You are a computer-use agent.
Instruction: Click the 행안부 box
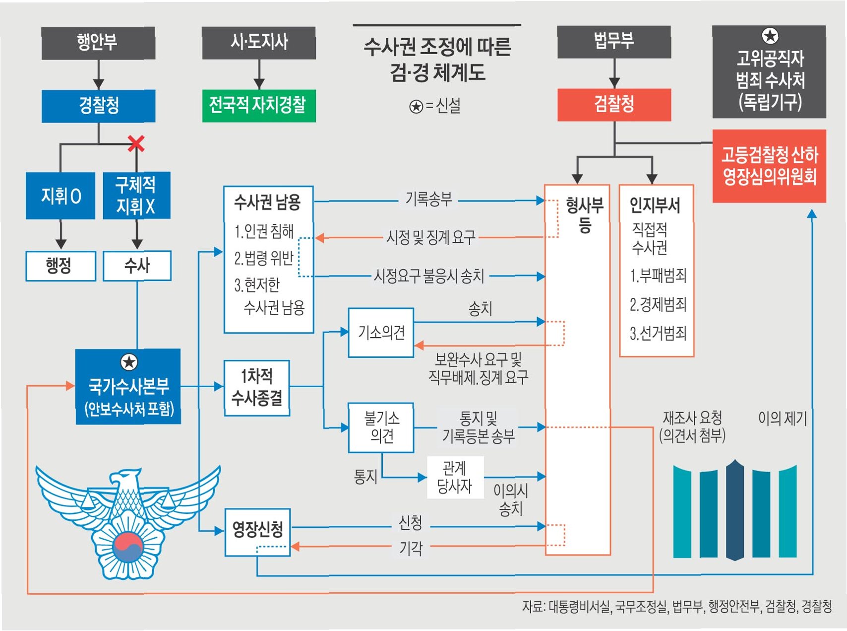click(x=98, y=43)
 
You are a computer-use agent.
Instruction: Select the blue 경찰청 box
click(x=98, y=105)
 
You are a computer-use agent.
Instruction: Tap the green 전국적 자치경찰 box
click(x=258, y=105)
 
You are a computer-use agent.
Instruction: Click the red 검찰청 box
click(x=614, y=104)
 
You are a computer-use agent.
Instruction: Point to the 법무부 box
click(x=614, y=42)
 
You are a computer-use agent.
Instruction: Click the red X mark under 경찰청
click(x=136, y=143)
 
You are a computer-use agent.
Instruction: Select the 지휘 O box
click(x=60, y=196)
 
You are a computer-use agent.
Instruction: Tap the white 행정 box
click(x=60, y=266)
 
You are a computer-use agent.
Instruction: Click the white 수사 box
click(x=137, y=266)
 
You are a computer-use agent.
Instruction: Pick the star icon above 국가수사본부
click(x=129, y=362)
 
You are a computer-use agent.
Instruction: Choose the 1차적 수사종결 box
click(x=256, y=388)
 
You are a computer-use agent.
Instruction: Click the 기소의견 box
click(x=381, y=332)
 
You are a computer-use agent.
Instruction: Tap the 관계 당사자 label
click(x=455, y=477)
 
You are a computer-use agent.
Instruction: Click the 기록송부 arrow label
click(x=429, y=200)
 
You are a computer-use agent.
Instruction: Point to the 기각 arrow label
click(x=411, y=548)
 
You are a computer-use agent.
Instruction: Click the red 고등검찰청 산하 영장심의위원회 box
click(x=769, y=166)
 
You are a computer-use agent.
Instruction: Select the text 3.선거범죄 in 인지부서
click(x=658, y=333)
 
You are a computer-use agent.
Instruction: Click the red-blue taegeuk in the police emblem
click(x=128, y=546)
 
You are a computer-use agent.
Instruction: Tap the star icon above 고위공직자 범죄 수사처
click(x=770, y=36)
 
